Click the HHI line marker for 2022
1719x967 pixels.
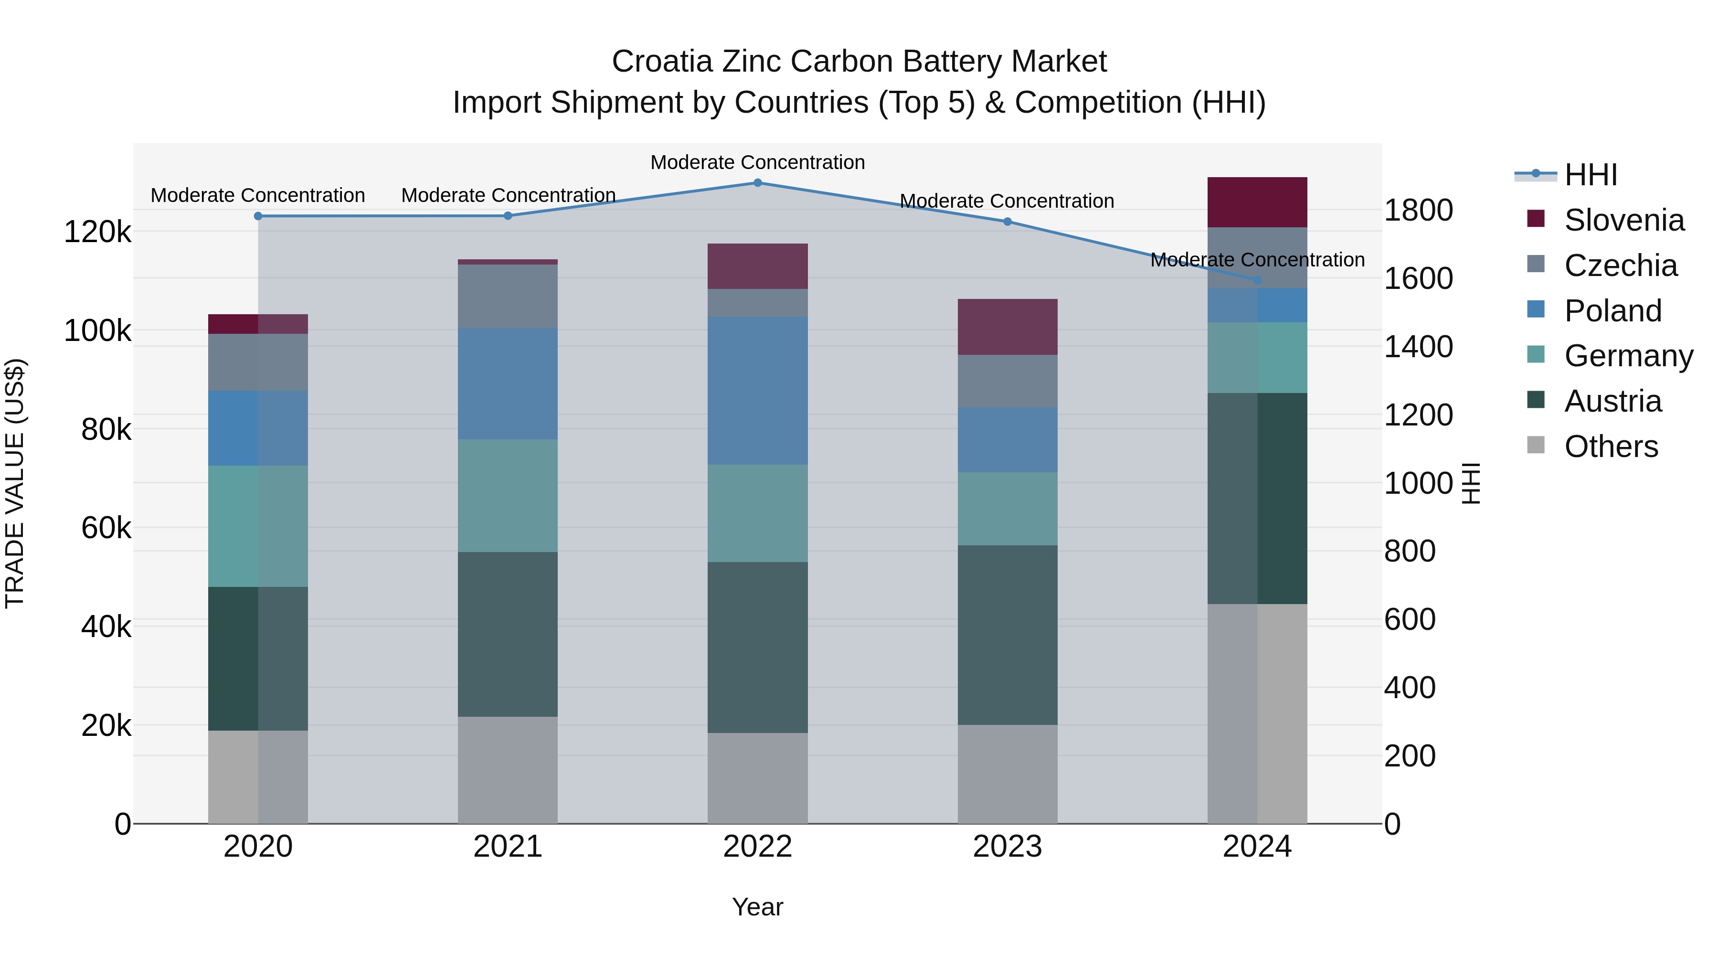point(757,183)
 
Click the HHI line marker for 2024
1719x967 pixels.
point(1257,280)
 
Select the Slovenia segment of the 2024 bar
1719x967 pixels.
point(1257,202)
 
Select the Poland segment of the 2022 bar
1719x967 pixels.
point(757,391)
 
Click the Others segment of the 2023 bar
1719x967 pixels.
point(1007,774)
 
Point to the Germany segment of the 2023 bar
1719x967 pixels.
point(1007,509)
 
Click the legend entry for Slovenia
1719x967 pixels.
point(1623,220)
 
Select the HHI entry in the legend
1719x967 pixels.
point(1590,175)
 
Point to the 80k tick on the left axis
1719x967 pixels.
point(106,430)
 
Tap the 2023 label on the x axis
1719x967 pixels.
point(1007,847)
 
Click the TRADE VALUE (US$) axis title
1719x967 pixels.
point(15,483)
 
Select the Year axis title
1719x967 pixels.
point(757,907)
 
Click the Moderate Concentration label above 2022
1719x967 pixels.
point(757,162)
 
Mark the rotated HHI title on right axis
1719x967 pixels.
point(1471,483)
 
